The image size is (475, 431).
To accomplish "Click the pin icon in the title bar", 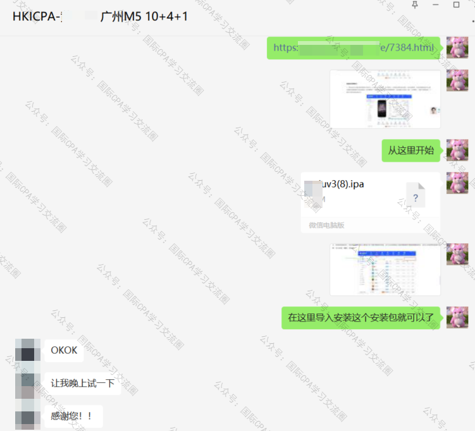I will pos(415,4).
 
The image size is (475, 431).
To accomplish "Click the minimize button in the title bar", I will pos(436,4).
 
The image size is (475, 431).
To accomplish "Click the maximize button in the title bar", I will pos(457,4).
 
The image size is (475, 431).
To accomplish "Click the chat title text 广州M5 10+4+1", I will pos(144,16).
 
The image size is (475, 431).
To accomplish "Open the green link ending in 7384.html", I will pos(354,48).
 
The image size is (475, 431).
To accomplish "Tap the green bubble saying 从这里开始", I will pos(410,150).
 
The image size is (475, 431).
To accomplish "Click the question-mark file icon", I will pos(416,197).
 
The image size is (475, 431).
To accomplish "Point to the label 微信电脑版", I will pos(326,226).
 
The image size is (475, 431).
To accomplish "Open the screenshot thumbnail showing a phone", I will pos(385,99).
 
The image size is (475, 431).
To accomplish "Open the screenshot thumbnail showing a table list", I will pos(385,270).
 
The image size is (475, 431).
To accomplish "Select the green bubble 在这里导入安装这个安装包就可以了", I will pos(361,317).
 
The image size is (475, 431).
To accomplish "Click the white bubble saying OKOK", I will pos(65,350).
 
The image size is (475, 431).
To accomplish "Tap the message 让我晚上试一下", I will pos(83,384).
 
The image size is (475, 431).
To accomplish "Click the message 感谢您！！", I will pos(72,416).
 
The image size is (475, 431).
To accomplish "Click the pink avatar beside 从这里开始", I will pos(457,150).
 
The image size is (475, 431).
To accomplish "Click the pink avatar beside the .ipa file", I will pos(457,183).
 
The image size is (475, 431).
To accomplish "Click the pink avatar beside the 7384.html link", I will pos(457,47).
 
